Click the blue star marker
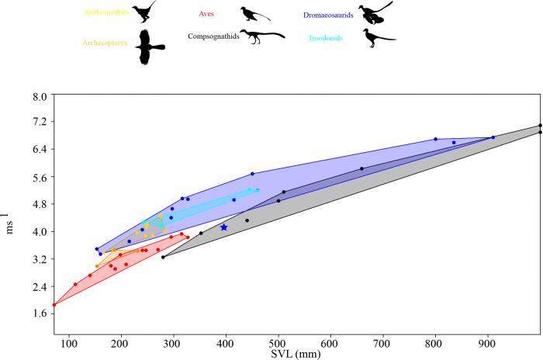224,227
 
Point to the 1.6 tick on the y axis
40,313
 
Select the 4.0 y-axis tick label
40,231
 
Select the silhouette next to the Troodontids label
379,38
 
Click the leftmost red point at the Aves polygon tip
54,305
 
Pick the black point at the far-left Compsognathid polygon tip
163,257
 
